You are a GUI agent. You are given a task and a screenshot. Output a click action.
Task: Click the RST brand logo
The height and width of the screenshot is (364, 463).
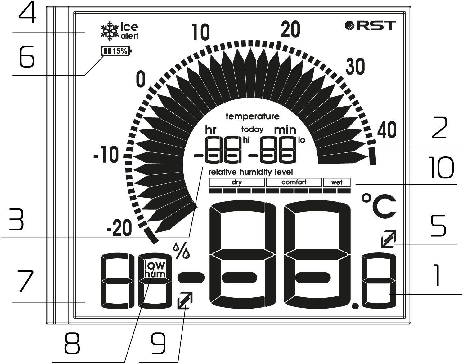coord(370,25)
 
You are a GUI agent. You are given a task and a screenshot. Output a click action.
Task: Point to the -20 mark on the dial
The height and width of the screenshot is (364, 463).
coord(119,230)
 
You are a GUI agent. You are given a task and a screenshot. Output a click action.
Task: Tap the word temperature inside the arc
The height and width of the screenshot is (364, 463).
coord(252,117)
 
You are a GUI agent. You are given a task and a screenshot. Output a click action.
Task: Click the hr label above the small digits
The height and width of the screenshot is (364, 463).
coord(211,130)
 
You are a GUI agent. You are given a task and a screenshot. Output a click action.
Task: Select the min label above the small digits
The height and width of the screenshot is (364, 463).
coord(285,130)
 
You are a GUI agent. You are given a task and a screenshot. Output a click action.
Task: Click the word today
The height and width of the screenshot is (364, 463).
coord(252,129)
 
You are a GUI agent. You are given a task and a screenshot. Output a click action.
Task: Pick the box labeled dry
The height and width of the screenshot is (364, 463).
coord(237,182)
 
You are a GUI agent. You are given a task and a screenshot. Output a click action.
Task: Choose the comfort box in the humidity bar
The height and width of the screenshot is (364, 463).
coord(294,182)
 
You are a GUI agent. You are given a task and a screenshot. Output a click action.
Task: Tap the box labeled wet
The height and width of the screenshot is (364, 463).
coord(337,182)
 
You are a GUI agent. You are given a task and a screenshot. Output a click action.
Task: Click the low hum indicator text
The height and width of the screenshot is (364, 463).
coord(155,269)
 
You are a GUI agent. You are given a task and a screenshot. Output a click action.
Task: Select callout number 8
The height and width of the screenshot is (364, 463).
coord(72,344)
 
